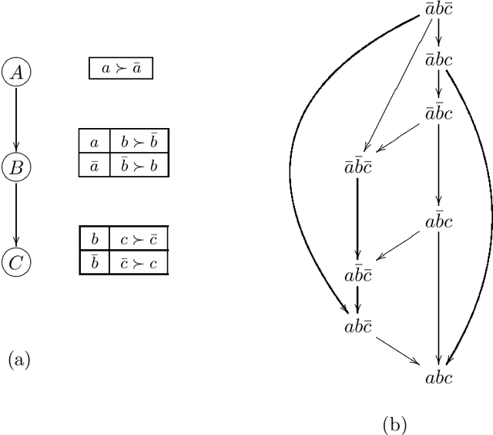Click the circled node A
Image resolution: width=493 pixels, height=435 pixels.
16,72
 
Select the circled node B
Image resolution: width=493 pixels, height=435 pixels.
16,166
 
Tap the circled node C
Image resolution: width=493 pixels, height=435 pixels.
16,262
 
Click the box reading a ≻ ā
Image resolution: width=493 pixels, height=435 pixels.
121,69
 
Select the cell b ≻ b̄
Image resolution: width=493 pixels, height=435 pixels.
139,143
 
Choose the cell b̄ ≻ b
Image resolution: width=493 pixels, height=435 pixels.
139,165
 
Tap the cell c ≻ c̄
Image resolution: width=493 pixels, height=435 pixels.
139,238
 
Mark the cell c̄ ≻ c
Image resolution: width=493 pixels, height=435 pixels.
139,262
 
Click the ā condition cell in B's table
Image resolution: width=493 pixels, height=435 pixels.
94,165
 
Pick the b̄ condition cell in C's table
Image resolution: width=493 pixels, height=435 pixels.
94,262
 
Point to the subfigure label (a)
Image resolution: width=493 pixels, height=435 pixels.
18,359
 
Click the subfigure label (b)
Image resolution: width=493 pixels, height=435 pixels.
394,423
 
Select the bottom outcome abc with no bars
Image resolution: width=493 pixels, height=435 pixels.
439,378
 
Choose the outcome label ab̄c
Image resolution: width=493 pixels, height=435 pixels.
439,222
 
